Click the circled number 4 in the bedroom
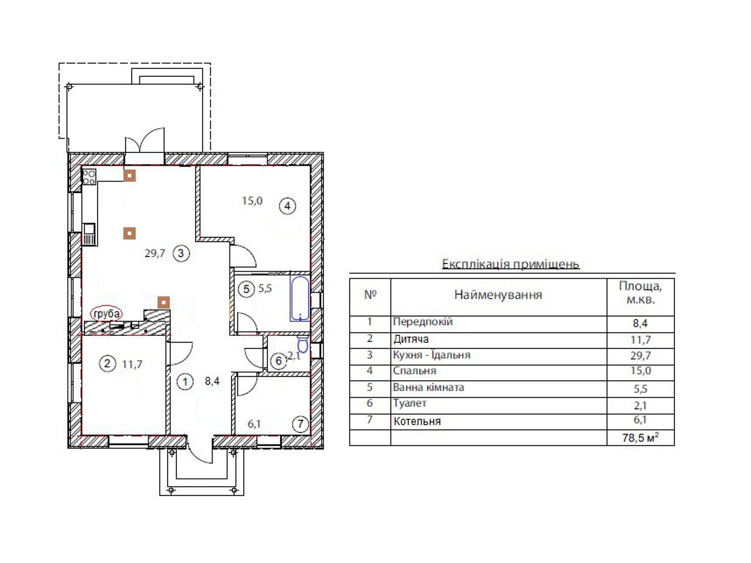(287, 206)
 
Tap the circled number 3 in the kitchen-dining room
(181, 253)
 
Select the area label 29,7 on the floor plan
(155, 253)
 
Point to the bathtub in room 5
(300, 298)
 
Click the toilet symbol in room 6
(303, 343)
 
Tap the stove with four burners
(89, 177)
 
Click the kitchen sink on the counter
(89, 234)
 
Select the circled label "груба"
(107, 313)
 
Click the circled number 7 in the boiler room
(300, 424)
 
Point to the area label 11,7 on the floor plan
(132, 365)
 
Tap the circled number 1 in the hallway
(185, 381)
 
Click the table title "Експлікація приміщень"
(511, 264)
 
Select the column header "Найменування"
(498, 295)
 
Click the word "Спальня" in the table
(414, 371)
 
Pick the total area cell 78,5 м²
(641, 438)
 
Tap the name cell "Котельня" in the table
(417, 421)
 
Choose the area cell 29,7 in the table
(641, 356)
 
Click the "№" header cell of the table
(370, 295)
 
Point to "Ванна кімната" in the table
(429, 388)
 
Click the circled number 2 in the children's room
(107, 363)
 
